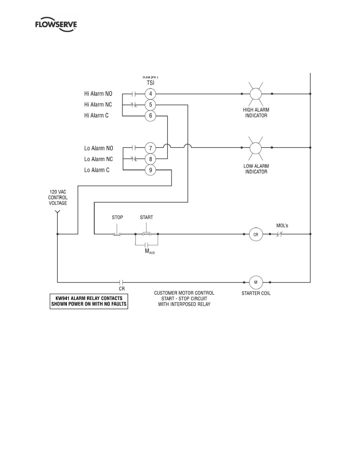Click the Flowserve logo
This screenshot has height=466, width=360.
(56, 25)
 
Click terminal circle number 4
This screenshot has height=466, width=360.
(151, 94)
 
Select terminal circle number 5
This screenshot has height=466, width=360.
(151, 105)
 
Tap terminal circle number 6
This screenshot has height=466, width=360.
(151, 115)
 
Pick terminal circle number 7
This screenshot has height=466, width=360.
(151, 148)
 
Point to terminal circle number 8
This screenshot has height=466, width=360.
(151, 159)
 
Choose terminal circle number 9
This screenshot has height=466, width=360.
(151, 170)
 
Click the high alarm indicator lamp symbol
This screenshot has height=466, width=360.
(256, 94)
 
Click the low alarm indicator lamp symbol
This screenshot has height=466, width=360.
(256, 148)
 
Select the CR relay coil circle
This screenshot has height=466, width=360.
(256, 234)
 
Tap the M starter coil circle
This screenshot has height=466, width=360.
(256, 282)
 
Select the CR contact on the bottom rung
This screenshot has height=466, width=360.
(122, 282)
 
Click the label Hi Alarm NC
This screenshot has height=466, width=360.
(98, 105)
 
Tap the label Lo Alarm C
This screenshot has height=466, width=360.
(97, 170)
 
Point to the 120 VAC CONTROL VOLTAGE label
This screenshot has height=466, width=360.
(58, 198)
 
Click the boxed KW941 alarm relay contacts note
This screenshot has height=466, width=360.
(89, 301)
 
